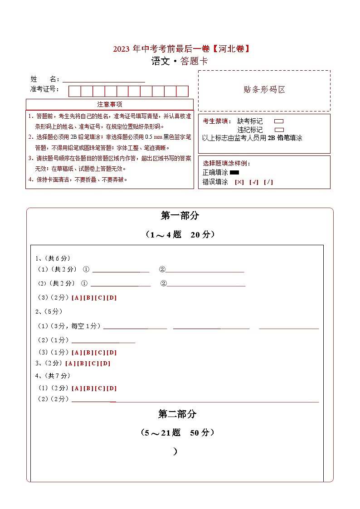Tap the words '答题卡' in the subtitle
[194, 62]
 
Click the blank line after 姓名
[104, 79]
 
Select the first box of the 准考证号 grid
[74, 91]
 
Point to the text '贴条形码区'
[264, 90]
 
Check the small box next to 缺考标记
[279, 121]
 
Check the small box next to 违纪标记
[279, 130]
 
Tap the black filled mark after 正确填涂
[234, 172]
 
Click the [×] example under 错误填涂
[239, 182]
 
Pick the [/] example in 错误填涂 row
[268, 182]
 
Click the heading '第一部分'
[180, 216]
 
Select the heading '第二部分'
[177, 414]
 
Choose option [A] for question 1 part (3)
[76, 298]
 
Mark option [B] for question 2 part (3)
[88, 353]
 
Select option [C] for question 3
[93, 364]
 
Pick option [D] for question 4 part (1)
[112, 388]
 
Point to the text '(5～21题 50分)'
[177, 433]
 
